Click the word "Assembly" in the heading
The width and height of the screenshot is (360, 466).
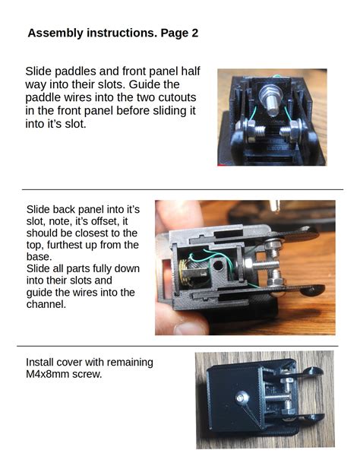(x=55, y=33)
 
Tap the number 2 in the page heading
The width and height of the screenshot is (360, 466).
(x=194, y=33)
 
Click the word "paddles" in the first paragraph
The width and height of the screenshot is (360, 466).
(x=76, y=71)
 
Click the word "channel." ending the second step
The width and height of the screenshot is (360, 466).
(x=47, y=305)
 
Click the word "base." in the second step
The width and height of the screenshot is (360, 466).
(x=39, y=257)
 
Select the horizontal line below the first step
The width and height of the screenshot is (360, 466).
(x=182, y=189)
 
